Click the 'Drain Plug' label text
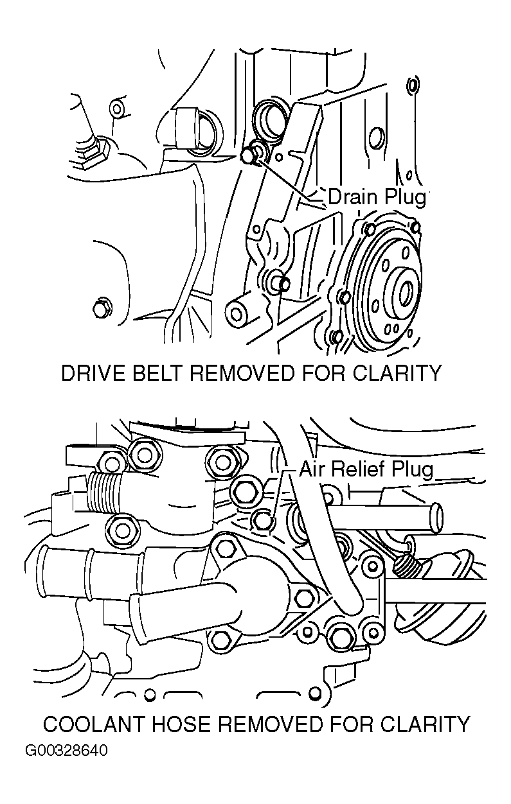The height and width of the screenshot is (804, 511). (x=377, y=197)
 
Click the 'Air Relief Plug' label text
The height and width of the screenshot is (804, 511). (x=366, y=469)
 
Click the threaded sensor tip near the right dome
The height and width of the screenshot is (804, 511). (x=405, y=565)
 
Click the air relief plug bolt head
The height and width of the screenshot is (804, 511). (x=262, y=521)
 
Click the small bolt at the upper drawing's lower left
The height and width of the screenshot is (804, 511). (x=100, y=308)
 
